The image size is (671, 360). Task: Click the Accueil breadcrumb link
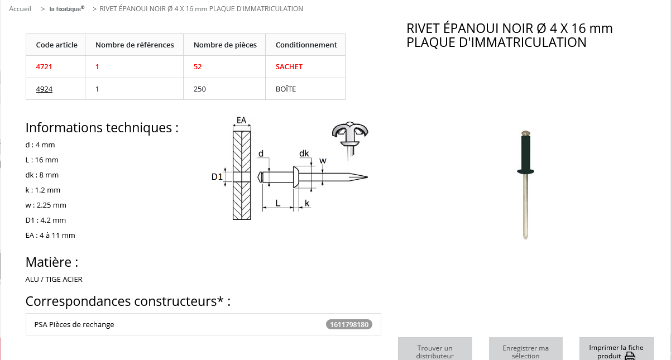click(20, 9)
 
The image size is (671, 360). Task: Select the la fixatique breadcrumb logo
click(66, 9)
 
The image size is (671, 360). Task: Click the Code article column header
click(56, 45)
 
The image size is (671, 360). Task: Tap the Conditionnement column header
click(306, 45)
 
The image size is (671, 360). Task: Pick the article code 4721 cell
click(44, 66)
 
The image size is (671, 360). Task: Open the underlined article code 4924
click(44, 89)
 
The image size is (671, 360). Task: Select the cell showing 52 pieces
click(198, 66)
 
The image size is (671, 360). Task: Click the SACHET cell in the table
click(289, 66)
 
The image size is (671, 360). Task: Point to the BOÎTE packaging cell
click(286, 89)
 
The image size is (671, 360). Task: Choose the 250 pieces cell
click(199, 89)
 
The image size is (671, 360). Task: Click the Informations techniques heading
click(102, 127)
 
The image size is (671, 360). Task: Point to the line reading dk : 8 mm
click(42, 175)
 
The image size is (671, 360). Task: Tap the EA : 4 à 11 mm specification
click(50, 235)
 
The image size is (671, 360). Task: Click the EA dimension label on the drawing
click(242, 120)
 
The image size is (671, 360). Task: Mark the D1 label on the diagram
click(217, 177)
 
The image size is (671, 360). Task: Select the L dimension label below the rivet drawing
click(279, 204)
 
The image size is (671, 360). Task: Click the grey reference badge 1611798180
click(349, 324)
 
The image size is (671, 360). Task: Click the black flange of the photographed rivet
click(525, 171)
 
